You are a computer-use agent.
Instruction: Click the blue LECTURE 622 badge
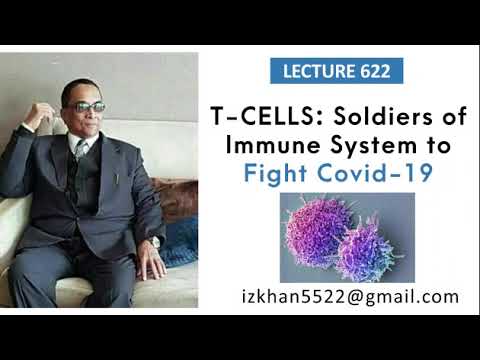(x=337, y=72)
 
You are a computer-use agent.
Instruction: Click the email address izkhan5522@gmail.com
(x=350, y=296)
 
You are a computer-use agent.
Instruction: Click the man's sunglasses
(x=87, y=107)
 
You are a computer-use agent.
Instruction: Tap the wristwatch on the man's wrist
(x=155, y=241)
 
